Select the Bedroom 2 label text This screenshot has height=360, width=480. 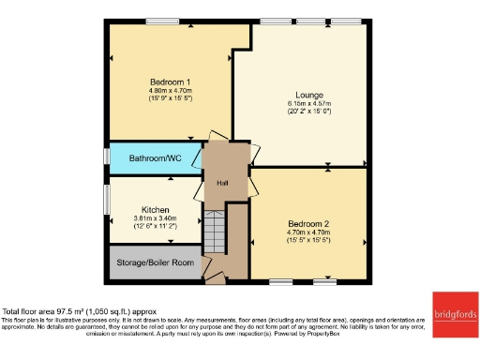(307, 224)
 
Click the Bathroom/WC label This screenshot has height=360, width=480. (155, 159)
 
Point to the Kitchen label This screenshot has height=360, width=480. (155, 209)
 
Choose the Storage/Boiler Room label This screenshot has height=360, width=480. (156, 262)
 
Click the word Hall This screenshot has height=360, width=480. (223, 184)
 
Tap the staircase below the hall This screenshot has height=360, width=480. (217, 231)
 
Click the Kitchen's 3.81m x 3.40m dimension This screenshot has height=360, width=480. (155, 218)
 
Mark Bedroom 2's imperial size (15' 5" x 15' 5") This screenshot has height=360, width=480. (307, 242)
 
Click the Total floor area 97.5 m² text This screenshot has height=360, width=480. (80, 311)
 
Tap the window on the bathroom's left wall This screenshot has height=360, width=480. (108, 158)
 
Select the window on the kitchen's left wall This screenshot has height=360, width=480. (108, 207)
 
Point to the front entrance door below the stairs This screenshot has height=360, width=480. (215, 278)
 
